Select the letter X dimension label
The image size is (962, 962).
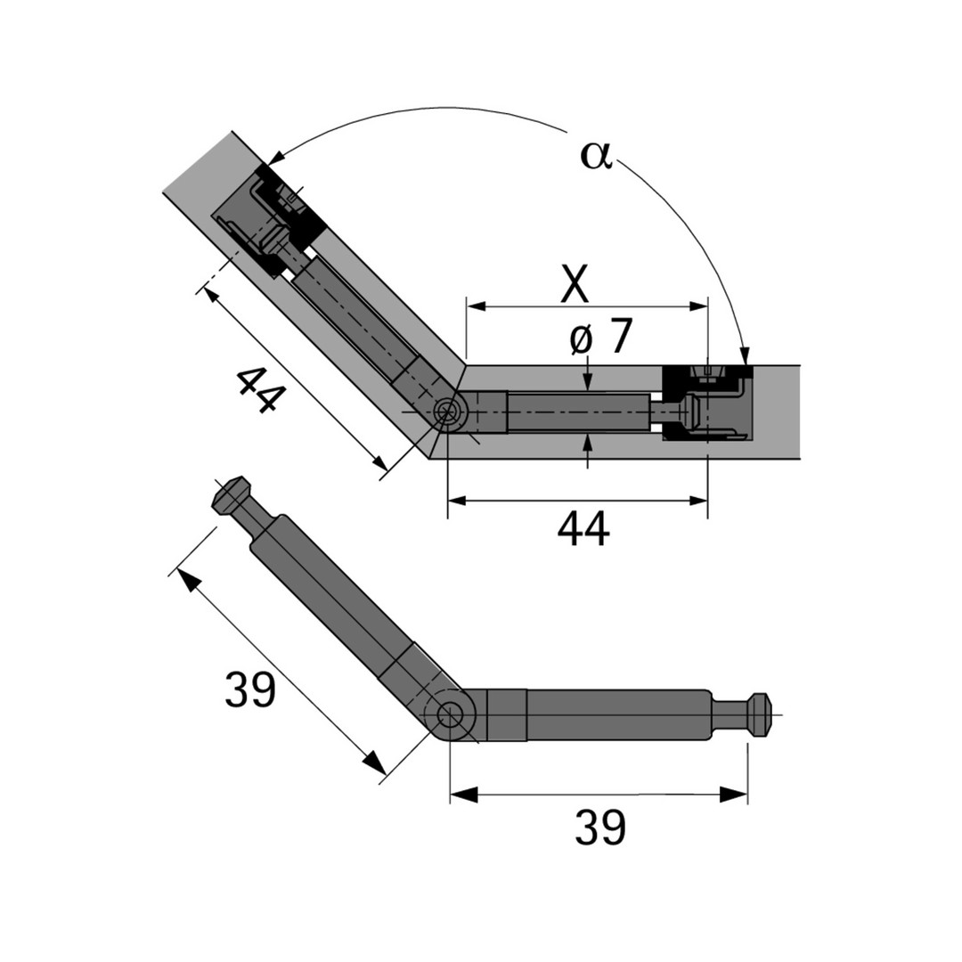(x=575, y=284)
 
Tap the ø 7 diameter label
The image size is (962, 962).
(x=600, y=337)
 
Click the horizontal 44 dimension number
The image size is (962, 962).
(x=583, y=528)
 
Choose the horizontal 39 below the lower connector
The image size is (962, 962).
(x=600, y=827)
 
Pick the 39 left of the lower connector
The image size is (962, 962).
(x=250, y=689)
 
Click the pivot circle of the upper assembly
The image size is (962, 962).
(x=449, y=412)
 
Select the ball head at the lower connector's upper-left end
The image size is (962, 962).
(x=231, y=493)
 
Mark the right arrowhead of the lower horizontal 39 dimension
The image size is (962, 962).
(x=734, y=794)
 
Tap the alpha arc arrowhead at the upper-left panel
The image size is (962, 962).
(x=276, y=157)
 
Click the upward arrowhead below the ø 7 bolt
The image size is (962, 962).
(x=589, y=442)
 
